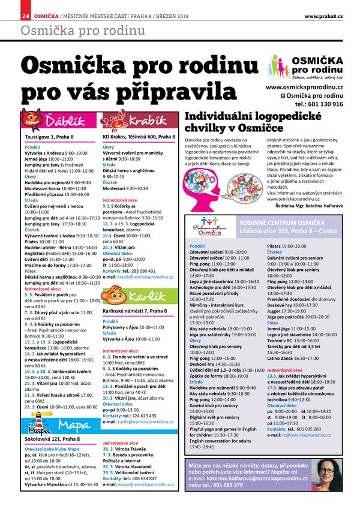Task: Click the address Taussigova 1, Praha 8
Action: click(49, 137)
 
